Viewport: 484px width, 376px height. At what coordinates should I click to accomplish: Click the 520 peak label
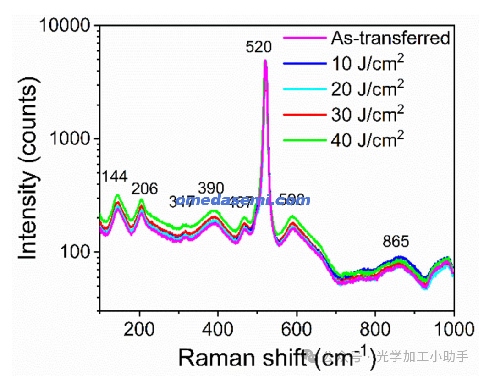[x=259, y=47]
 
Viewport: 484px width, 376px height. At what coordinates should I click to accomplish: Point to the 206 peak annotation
[x=144, y=188]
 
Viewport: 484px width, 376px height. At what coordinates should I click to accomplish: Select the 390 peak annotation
[x=211, y=188]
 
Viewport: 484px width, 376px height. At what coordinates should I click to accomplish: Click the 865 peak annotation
[x=396, y=242]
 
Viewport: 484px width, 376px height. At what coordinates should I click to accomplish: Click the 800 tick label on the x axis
[x=375, y=329]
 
